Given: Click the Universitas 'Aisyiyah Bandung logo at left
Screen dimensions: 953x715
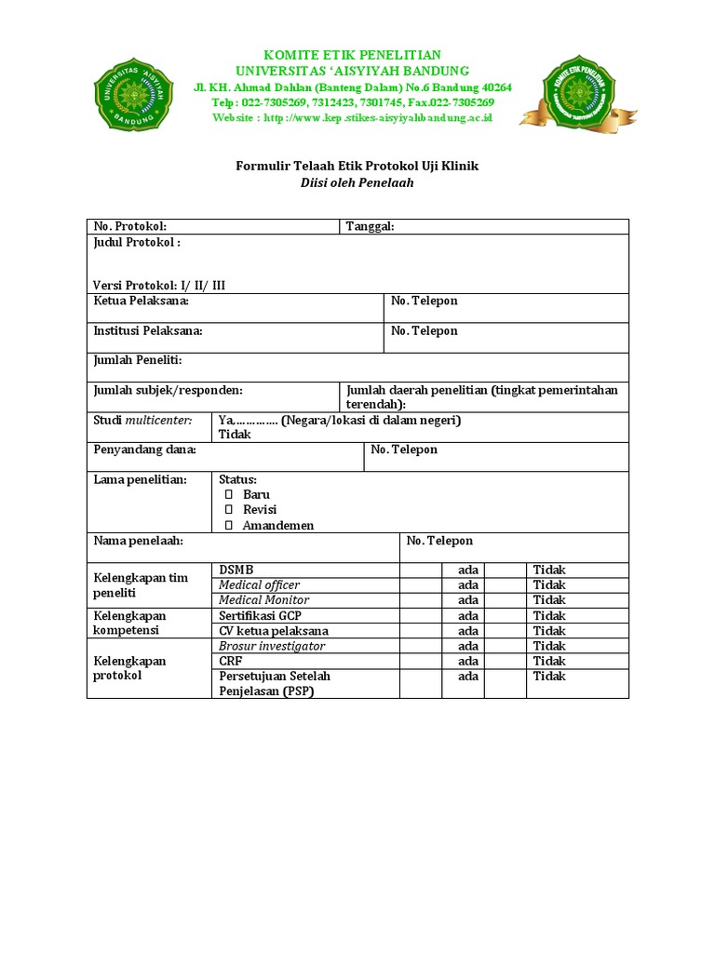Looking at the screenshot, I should pos(133,93).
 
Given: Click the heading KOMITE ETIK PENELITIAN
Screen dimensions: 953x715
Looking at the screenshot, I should pos(353,56).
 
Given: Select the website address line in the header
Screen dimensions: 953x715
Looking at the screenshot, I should pos(352,117).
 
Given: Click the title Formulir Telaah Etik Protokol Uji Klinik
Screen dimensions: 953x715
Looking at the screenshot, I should pos(357,166).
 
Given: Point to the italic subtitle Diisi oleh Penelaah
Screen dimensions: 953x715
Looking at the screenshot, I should pos(357,182).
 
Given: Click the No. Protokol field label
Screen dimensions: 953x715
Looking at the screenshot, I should pos(129,227).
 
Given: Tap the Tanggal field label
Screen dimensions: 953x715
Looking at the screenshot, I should pos(370,227).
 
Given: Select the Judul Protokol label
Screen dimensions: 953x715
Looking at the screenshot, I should pos(136,243).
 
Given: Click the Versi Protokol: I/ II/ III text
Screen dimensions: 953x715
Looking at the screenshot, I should pos(159,286).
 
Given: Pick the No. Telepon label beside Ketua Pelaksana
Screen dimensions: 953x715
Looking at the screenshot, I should pos(424,302).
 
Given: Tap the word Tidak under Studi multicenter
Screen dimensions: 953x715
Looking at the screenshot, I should pos(235,435).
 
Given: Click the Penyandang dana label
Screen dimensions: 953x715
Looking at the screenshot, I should pos(144,450).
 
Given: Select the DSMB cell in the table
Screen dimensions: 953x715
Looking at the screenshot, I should pos(236,570).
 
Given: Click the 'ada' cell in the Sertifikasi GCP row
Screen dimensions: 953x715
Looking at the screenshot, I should pos(468,616).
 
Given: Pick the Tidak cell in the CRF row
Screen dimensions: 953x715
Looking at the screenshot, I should pos(549,661).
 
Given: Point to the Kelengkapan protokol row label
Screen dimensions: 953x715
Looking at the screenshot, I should pos(129,668).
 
